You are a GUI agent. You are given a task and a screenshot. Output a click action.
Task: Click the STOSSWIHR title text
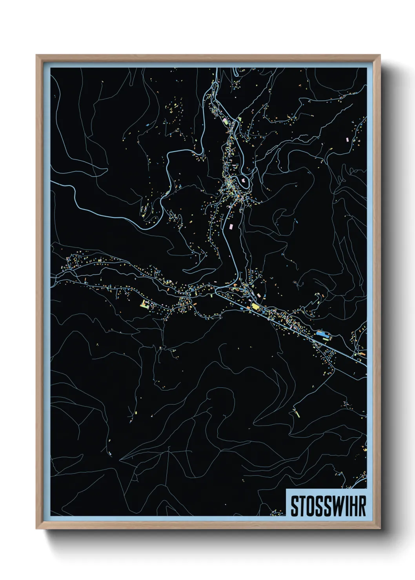pyautogui.click(x=328, y=506)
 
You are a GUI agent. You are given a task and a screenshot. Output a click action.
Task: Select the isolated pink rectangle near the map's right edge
pyautogui.click(x=347, y=139)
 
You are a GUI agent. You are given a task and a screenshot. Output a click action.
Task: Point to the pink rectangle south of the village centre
pyautogui.click(x=231, y=226)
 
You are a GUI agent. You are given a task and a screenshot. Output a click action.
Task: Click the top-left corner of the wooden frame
pyautogui.click(x=36, y=55)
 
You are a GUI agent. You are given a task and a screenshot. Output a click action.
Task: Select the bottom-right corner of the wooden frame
pyautogui.click(x=380, y=529)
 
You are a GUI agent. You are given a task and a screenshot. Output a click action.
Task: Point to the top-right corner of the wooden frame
pyautogui.click(x=380, y=55)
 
